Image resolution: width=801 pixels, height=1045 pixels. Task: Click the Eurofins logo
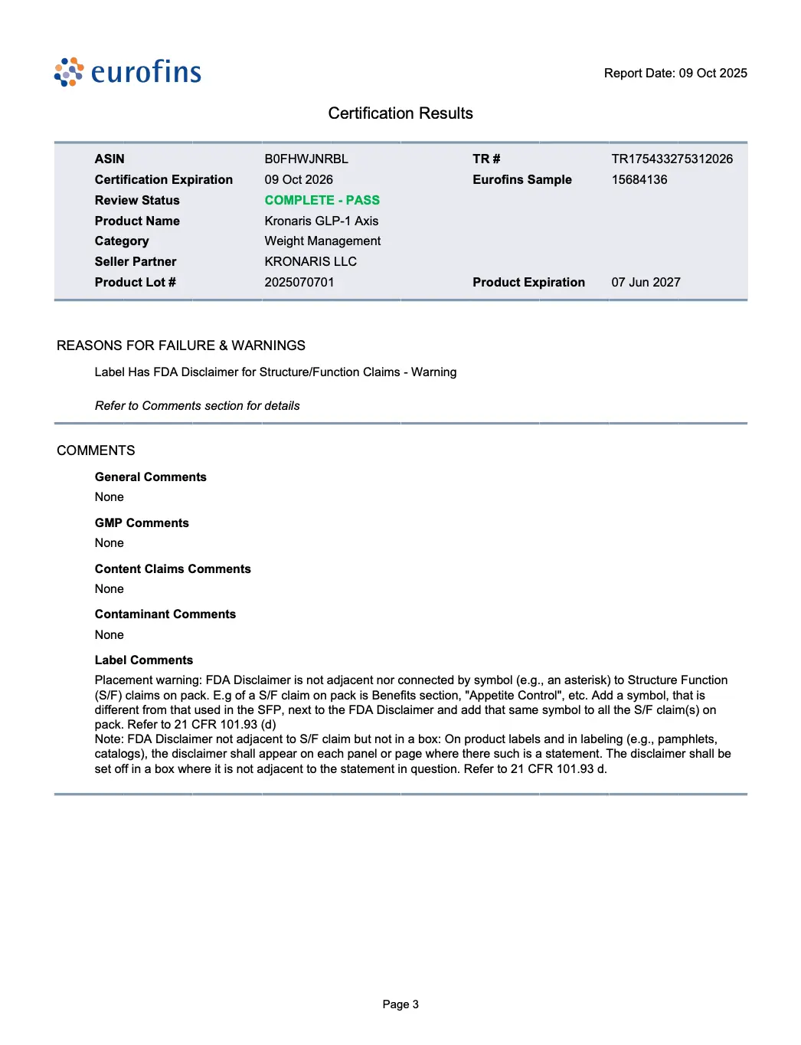[128, 72]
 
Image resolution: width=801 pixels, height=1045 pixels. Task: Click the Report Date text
[675, 74]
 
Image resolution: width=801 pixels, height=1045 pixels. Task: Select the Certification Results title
[400, 113]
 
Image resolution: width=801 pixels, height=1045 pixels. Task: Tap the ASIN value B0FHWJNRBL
[306, 159]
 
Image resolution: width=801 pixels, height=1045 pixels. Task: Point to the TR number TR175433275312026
[672, 159]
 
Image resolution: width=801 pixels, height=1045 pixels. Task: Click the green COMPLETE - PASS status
[322, 200]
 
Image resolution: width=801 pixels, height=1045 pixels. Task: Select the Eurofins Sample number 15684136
[639, 179]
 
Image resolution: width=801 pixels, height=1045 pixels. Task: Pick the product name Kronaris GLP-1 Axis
[322, 221]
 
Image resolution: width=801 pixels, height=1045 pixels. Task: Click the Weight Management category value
[322, 241]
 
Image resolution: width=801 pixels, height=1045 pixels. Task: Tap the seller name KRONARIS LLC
[311, 261]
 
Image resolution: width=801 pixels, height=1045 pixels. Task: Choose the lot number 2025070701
[299, 282]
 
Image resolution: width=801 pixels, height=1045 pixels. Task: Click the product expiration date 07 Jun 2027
[646, 282]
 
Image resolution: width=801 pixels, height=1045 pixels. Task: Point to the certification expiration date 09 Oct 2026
[299, 179]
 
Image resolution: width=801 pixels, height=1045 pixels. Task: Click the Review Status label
[137, 200]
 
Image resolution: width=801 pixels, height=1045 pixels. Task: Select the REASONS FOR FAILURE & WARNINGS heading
[181, 346]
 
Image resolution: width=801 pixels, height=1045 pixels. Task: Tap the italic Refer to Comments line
[197, 405]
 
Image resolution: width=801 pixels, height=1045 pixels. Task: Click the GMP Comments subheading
[142, 522]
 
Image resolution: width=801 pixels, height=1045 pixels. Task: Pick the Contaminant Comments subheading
[165, 614]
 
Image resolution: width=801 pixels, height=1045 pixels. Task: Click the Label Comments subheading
[144, 660]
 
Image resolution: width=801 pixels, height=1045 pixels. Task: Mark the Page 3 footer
[400, 1004]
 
